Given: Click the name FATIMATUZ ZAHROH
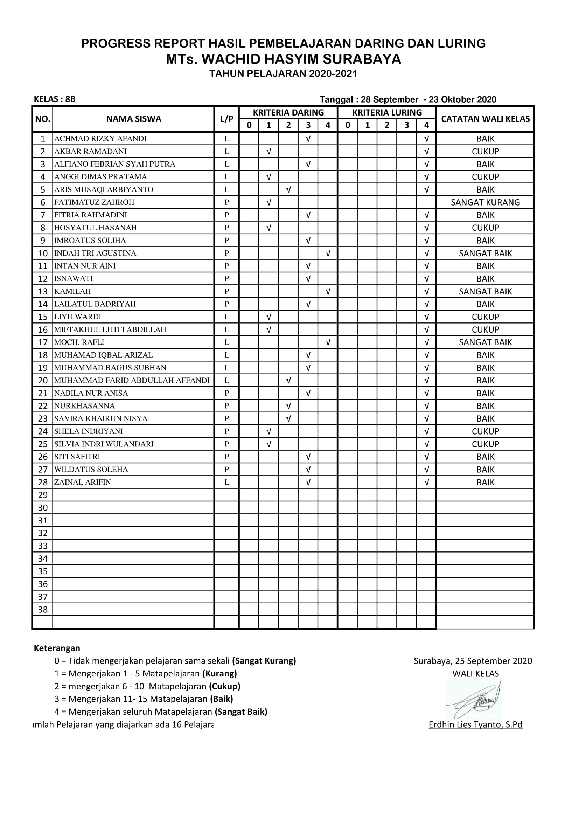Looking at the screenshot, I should click(94, 202).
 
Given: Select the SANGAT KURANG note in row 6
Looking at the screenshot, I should click(485, 202).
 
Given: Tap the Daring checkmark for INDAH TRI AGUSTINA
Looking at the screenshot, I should click(328, 253).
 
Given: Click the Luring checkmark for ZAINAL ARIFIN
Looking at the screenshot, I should click(426, 482).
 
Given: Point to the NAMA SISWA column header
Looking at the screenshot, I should click(134, 119).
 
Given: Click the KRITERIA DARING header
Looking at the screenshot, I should click(288, 112).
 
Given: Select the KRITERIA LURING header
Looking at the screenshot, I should click(387, 112).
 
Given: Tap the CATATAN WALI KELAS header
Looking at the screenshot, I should click(485, 119).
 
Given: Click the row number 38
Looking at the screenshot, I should click(43, 609).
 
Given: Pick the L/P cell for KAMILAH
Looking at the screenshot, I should click(227, 291).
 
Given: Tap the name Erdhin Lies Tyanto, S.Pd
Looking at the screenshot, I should click(475, 724).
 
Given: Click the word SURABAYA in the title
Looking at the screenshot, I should click(360, 59).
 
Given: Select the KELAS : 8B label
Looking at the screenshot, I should click(55, 99).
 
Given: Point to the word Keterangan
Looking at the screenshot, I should click(57, 648).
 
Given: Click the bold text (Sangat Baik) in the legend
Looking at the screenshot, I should click(240, 712).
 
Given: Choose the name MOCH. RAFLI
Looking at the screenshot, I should click(79, 342).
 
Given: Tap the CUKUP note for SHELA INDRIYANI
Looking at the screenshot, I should click(485, 431).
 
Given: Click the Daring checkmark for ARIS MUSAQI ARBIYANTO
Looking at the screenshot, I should click(288, 189).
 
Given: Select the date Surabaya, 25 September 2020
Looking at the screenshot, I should click(473, 661).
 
